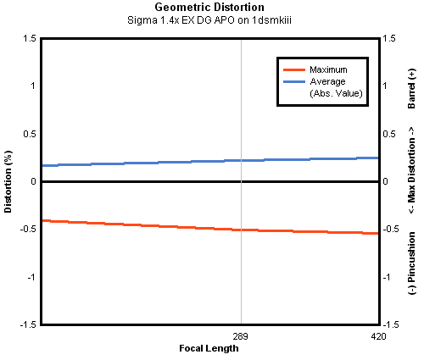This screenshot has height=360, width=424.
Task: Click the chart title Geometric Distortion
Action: pos(209,7)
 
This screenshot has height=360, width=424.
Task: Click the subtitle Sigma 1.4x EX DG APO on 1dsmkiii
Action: pos(209,20)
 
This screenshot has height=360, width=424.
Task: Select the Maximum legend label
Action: pos(328,69)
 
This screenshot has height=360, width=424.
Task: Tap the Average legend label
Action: pos(327,81)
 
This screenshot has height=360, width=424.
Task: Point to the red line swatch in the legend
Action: pos(294,69)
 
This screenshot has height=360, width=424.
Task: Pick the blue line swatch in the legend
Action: pos(294,82)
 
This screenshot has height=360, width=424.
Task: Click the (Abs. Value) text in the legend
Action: pos(336,93)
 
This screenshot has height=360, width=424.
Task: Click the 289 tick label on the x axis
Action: pos(240,336)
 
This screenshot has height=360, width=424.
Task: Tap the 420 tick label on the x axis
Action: pos(378,336)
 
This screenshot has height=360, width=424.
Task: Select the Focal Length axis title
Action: pos(209,348)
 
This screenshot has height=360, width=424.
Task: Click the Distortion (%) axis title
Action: pos(8,181)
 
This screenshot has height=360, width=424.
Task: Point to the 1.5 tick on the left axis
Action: pos(30,38)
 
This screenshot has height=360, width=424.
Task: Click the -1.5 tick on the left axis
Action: pos(28,324)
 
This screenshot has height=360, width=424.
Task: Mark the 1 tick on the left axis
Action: pos(33,86)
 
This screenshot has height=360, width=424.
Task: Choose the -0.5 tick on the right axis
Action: pos(391,229)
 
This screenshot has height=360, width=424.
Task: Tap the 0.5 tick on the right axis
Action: pos(389,134)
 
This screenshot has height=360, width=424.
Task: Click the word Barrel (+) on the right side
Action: pos(412,88)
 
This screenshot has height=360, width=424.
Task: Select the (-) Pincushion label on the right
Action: pos(412,263)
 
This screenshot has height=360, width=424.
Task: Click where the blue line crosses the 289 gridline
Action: pos(241,160)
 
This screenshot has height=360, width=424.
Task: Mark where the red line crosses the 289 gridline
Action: pos(241,230)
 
